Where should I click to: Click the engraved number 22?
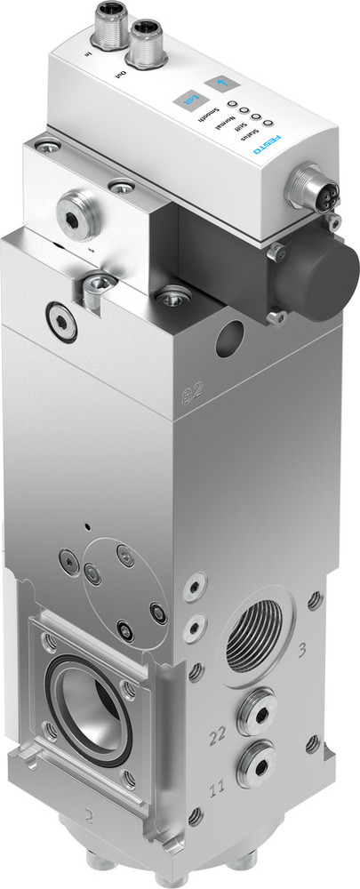[x=215, y=735]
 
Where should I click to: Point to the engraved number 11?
[x=215, y=788]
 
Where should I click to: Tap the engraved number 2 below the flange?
[x=90, y=813]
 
